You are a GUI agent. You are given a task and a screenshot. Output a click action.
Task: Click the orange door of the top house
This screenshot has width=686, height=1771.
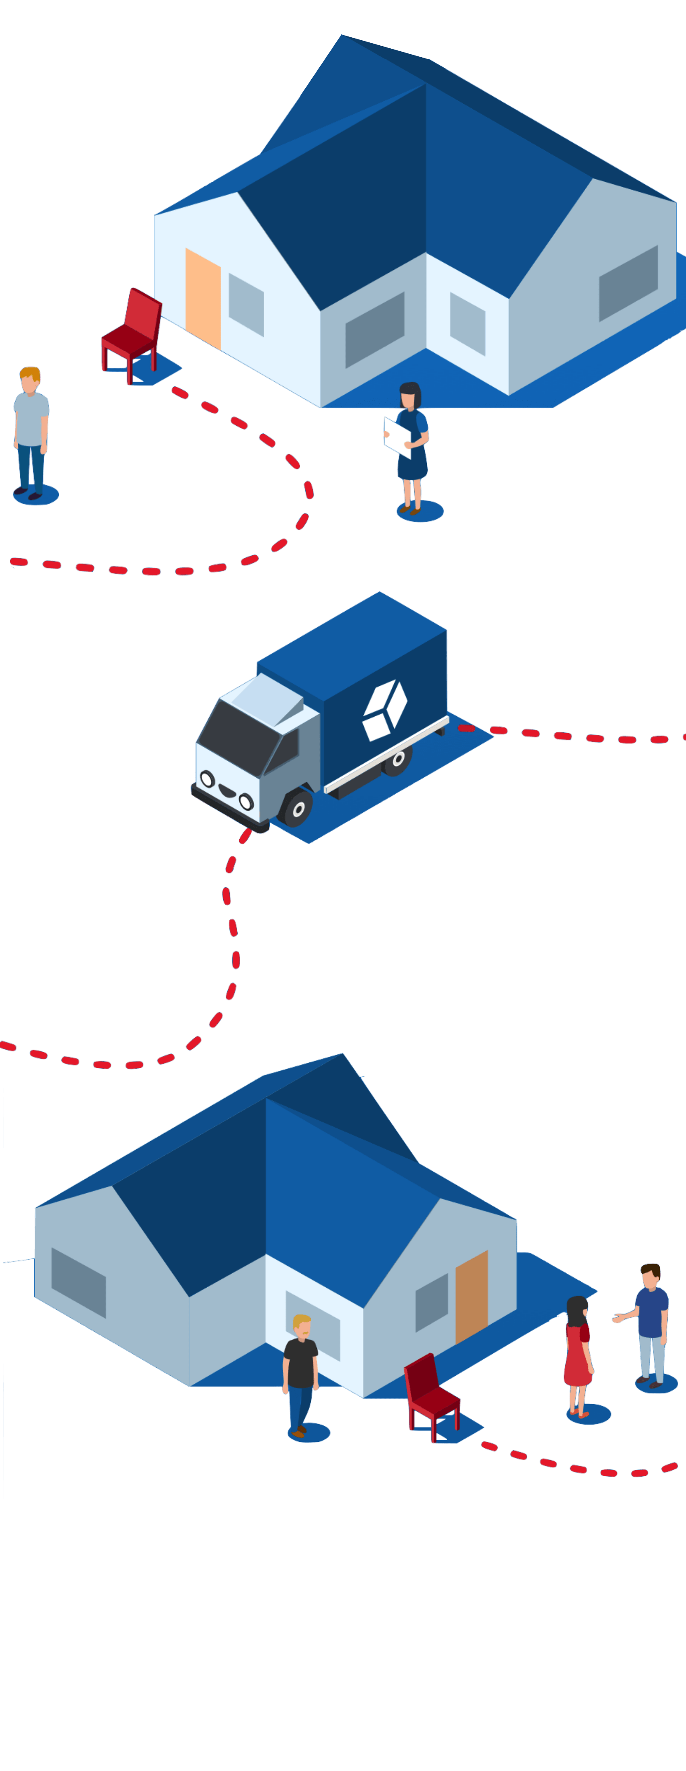[x=203, y=299]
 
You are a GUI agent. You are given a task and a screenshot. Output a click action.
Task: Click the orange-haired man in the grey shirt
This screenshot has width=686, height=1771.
[x=31, y=433]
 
